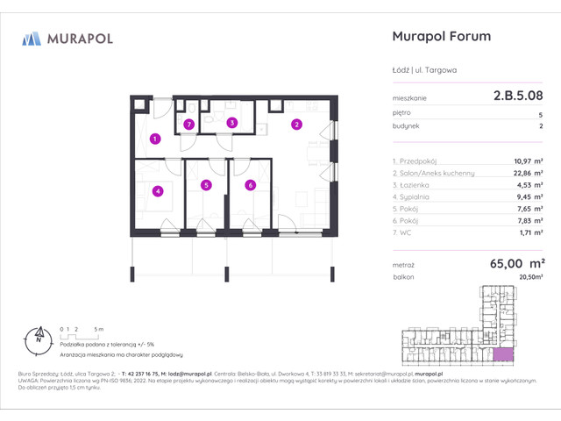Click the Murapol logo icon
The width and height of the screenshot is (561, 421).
[x=31, y=38]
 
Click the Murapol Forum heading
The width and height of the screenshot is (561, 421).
[x=438, y=37]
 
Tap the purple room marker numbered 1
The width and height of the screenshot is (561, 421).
[x=154, y=138]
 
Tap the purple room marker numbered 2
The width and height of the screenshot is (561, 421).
[x=297, y=125]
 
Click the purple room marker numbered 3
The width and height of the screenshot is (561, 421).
[x=231, y=124]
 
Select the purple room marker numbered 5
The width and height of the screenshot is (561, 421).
[x=205, y=185]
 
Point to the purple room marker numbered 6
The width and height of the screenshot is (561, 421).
[x=250, y=185]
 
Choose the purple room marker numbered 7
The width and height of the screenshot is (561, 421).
[x=188, y=125]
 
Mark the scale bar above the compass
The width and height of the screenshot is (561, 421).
[x=77, y=331]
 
